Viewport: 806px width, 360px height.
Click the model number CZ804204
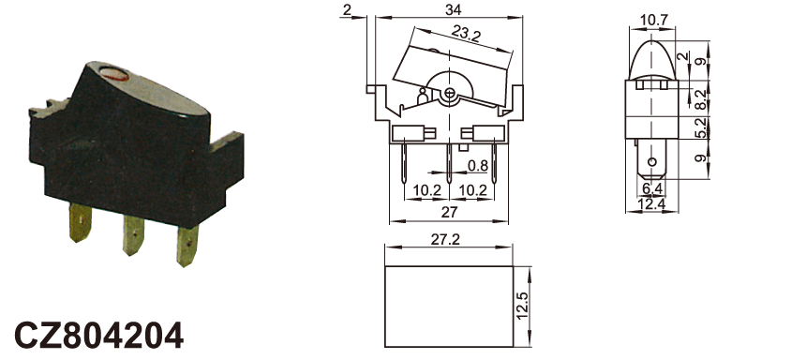click(98, 336)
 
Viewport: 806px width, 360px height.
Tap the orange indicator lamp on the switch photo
click(115, 75)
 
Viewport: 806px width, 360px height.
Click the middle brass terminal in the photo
click(134, 235)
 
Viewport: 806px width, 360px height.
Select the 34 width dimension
click(454, 9)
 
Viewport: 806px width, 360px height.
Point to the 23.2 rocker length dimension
click(466, 34)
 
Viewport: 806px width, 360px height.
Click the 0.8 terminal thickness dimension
click(478, 166)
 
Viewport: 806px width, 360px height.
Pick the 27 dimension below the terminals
click(449, 213)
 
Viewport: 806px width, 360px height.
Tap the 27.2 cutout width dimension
click(445, 240)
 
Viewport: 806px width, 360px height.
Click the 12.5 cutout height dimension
click(523, 307)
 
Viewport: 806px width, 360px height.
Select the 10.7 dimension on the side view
click(654, 21)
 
